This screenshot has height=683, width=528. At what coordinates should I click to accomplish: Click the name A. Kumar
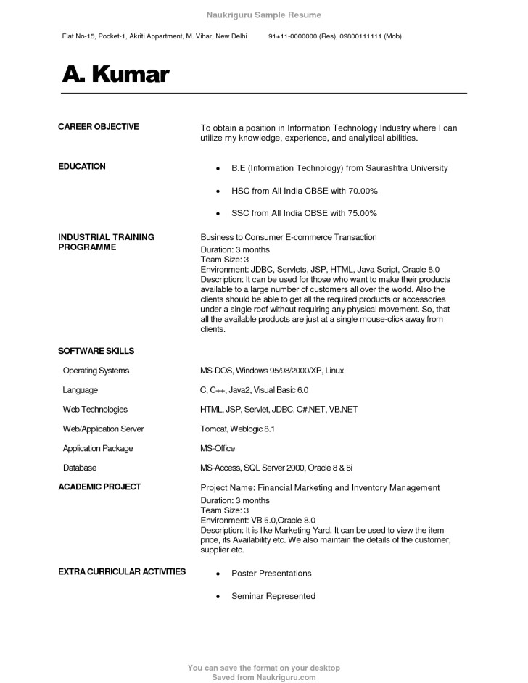[x=115, y=74]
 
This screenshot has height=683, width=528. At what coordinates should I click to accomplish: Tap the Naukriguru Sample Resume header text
[x=263, y=15]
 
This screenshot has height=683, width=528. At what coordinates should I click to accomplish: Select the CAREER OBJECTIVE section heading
[x=98, y=127]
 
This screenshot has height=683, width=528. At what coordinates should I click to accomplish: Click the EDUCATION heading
[x=81, y=167]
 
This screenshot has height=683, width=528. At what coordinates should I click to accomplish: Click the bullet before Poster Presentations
[x=218, y=574]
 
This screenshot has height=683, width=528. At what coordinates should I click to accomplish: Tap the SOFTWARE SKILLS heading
[x=96, y=351]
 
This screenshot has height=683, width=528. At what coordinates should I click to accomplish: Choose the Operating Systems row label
[x=96, y=371]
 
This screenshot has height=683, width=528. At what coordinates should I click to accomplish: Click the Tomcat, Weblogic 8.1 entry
[x=237, y=429]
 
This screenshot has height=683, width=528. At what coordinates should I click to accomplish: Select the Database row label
[x=79, y=468]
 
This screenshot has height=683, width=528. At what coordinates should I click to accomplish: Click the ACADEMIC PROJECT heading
[x=99, y=487]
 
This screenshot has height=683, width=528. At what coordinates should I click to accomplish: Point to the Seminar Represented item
[x=273, y=596]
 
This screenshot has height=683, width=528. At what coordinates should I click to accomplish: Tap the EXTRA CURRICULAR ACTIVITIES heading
[x=121, y=572]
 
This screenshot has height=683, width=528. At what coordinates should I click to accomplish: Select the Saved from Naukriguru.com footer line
[x=263, y=677]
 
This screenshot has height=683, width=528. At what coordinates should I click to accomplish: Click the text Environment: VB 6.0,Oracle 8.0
[x=257, y=520]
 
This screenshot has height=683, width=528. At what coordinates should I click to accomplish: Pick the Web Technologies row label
[x=95, y=410]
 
